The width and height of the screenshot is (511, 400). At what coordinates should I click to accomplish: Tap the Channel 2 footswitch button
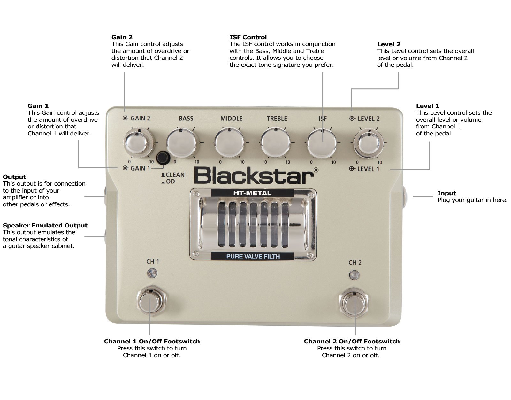tap(355, 303)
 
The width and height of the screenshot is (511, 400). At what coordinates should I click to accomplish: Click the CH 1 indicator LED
tap(152, 273)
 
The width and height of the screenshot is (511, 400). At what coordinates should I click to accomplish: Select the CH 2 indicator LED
tap(354, 275)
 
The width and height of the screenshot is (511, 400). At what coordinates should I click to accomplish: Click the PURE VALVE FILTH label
tap(253, 256)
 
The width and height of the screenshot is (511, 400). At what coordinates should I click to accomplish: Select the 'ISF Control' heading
tap(248, 37)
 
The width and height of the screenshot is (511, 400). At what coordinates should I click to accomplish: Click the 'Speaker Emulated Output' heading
tap(45, 225)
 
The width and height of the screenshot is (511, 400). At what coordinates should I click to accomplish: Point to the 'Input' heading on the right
tap(446, 193)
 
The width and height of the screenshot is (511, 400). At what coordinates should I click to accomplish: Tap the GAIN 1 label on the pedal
tap(140, 168)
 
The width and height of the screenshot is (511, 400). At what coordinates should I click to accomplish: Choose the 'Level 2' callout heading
tap(388, 44)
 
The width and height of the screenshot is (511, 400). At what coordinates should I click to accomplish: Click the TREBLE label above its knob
tap(277, 119)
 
